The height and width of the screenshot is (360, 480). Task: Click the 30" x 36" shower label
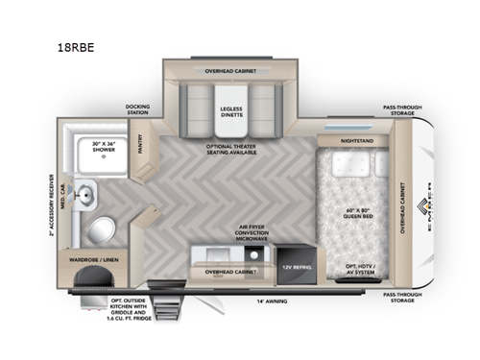click(108, 147)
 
